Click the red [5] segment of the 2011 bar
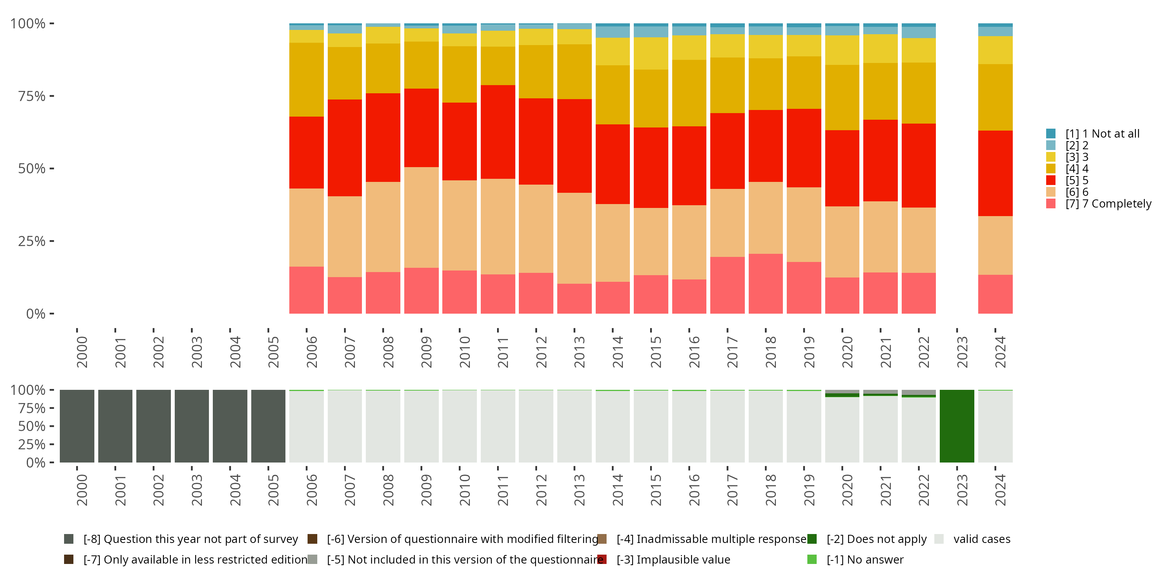click(x=497, y=132)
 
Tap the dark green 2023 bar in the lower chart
click(x=956, y=426)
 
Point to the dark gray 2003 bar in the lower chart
click(x=192, y=426)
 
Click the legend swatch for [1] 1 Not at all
click(x=1050, y=134)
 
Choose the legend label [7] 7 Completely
click(x=1108, y=204)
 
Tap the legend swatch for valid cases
click(x=939, y=539)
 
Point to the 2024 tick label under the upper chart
click(x=1000, y=352)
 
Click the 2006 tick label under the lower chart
click(x=311, y=490)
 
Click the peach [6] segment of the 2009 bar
click(x=421, y=217)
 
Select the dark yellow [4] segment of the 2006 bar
click(x=306, y=80)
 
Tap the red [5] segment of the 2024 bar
click(x=995, y=173)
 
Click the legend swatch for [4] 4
click(x=1050, y=168)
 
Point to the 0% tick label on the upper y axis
click(x=36, y=314)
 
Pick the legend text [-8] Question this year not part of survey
click(x=190, y=539)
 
